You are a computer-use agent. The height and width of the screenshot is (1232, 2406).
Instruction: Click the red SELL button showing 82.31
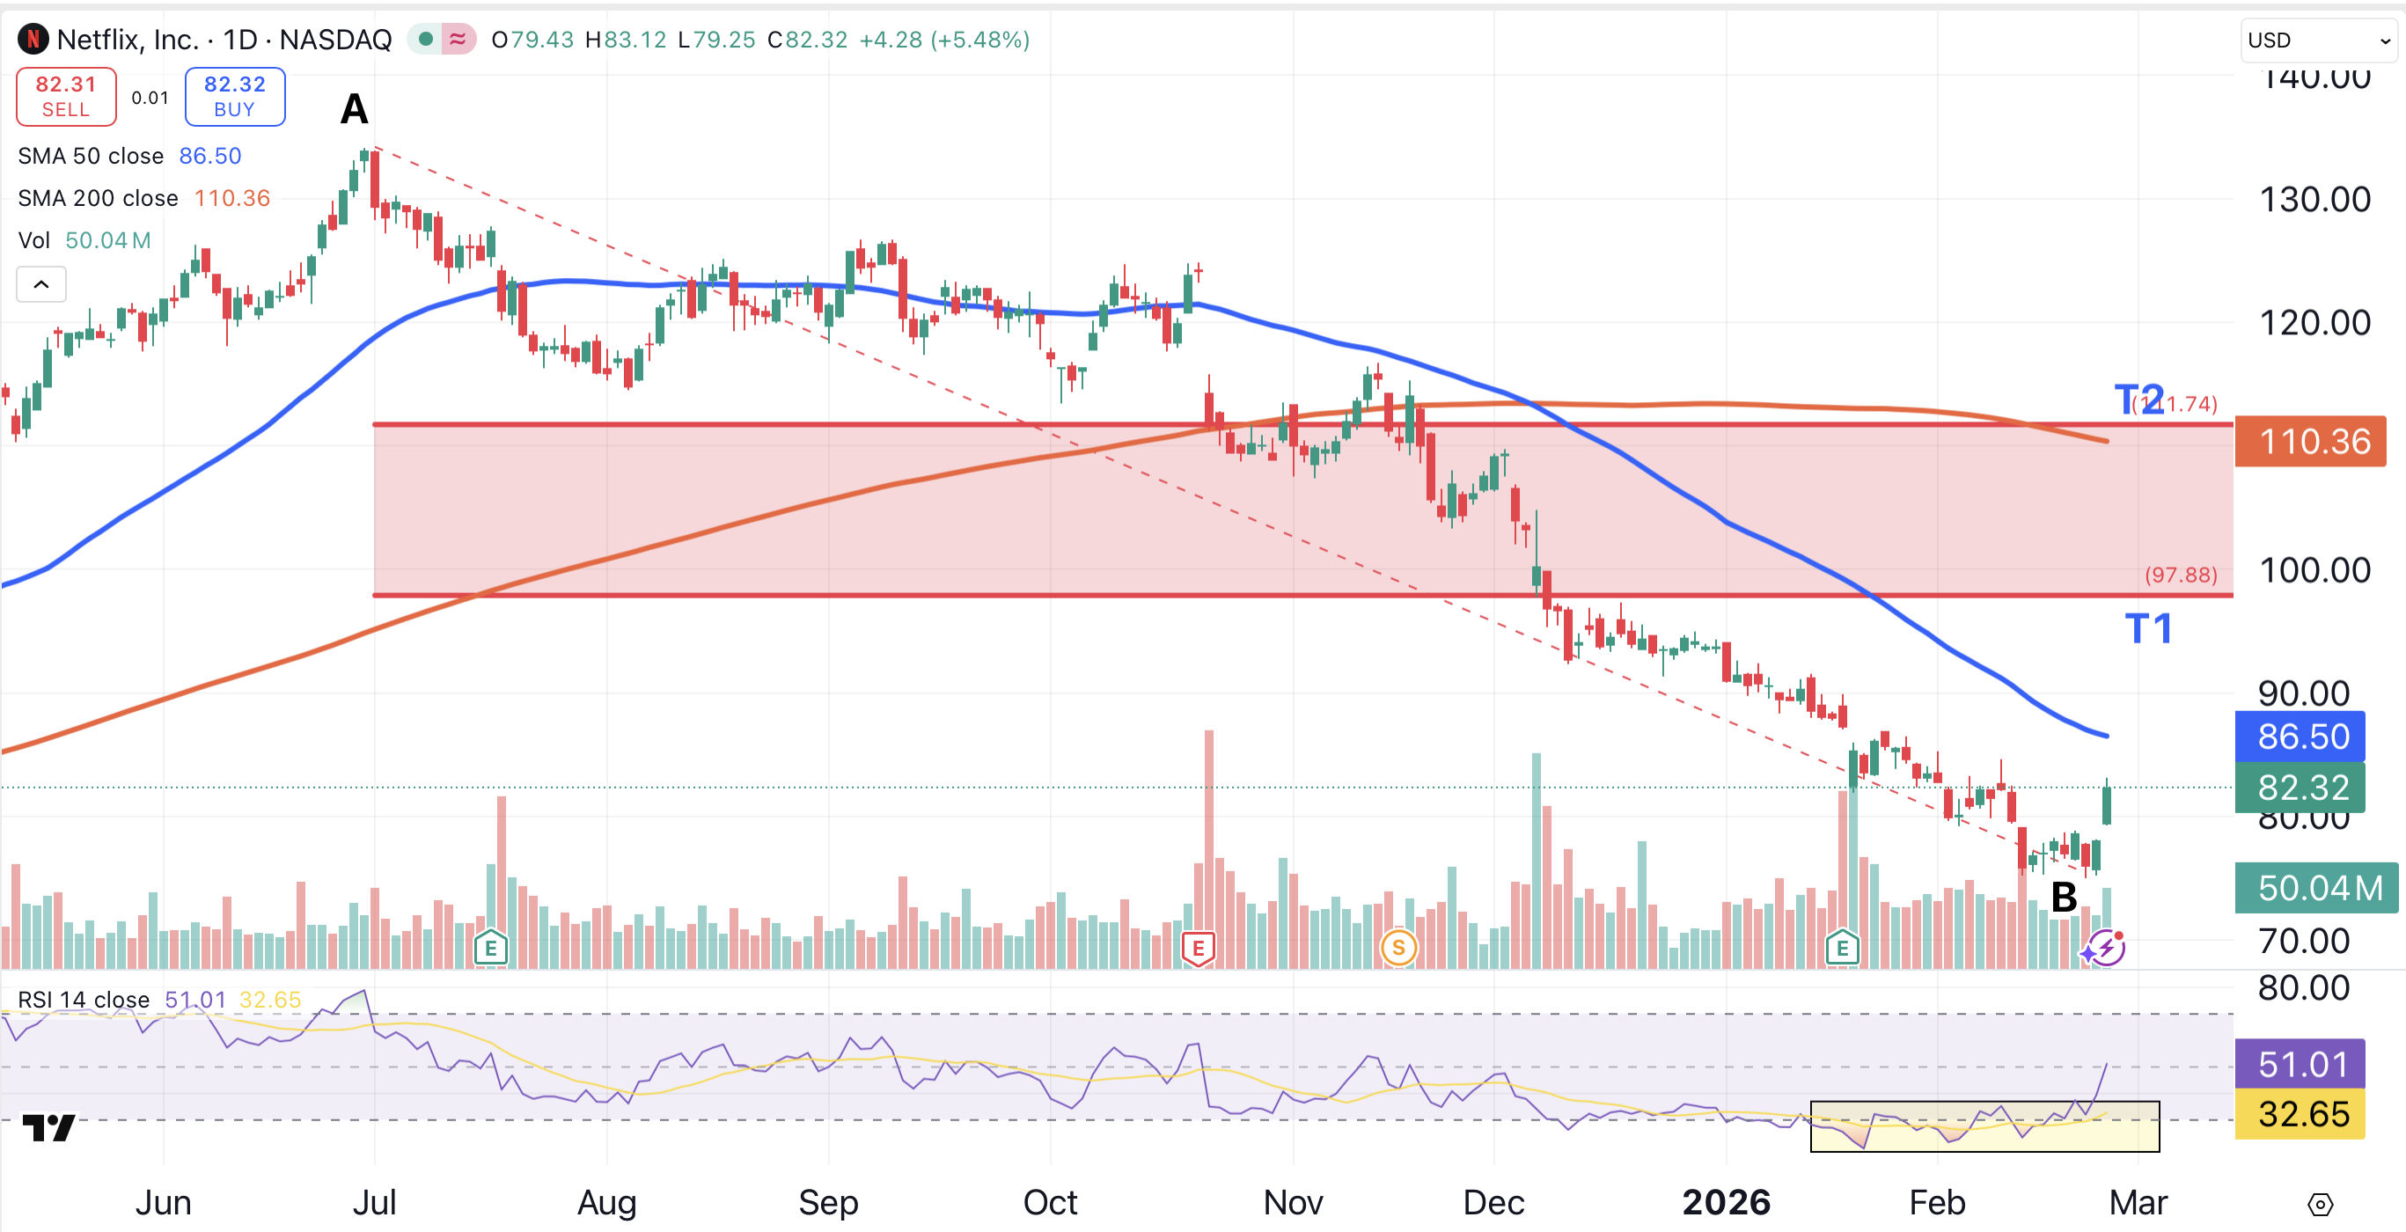(x=65, y=96)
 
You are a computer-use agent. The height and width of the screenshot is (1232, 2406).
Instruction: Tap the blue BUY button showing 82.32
(x=234, y=96)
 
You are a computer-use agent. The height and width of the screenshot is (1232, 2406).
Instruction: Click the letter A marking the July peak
(x=354, y=109)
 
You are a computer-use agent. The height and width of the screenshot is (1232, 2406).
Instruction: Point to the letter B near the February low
(x=2063, y=898)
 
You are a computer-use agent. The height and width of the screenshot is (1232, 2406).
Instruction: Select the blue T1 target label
(x=2147, y=628)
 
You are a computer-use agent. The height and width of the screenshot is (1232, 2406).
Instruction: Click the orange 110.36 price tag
(x=2310, y=441)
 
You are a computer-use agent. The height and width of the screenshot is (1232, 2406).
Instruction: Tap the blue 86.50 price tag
(x=2300, y=736)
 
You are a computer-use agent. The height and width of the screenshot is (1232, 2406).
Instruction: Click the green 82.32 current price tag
(x=2300, y=788)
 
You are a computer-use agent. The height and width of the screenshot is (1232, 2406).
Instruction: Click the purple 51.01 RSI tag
(x=2300, y=1064)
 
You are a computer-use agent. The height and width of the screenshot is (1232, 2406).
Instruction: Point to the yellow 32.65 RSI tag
(x=2300, y=1114)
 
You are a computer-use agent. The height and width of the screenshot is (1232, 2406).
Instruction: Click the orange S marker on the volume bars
(x=1398, y=948)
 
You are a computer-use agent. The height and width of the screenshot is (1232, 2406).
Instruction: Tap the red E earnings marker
(x=1198, y=948)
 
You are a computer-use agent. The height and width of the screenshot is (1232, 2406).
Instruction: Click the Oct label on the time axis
(x=1050, y=1202)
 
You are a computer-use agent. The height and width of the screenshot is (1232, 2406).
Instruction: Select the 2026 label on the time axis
(x=1726, y=1202)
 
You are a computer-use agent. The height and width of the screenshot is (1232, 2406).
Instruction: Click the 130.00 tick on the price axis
(x=2314, y=199)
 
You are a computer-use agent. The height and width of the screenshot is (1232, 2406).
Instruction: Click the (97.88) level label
(x=2180, y=575)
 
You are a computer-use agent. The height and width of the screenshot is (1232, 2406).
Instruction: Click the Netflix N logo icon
(x=33, y=40)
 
